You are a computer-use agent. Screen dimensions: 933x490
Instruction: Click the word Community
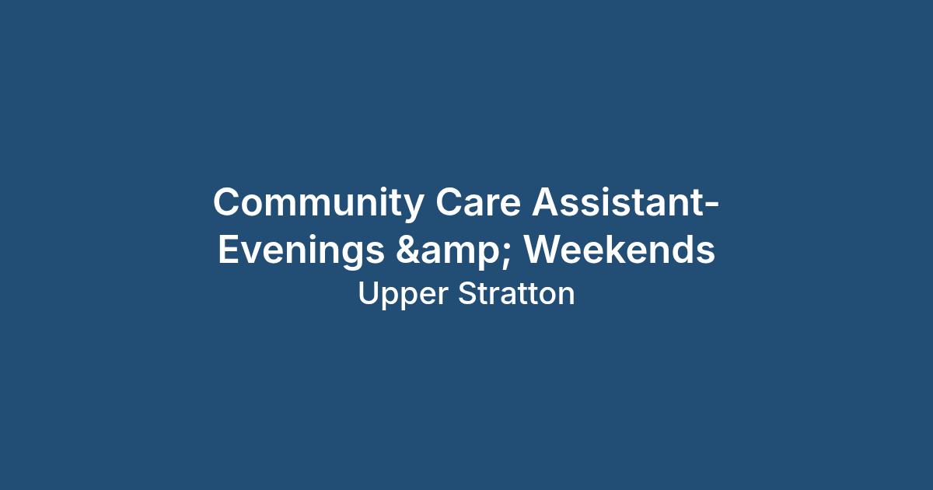pyautogui.click(x=318, y=203)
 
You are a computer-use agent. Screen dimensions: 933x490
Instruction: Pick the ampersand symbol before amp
pyautogui.click(x=407, y=249)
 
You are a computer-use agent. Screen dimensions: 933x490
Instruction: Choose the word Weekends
pyautogui.click(x=620, y=249)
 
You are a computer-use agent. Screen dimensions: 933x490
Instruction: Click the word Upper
pyautogui.click(x=403, y=295)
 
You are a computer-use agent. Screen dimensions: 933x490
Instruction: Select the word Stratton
pyautogui.click(x=516, y=293)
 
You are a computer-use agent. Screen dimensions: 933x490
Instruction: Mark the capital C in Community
pyautogui.click(x=227, y=201)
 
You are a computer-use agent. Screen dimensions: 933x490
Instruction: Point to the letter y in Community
pyautogui.click(x=411, y=208)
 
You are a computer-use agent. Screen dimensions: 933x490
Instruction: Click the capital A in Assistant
pyautogui.click(x=547, y=201)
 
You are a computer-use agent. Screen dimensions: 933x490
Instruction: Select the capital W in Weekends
pyautogui.click(x=544, y=249)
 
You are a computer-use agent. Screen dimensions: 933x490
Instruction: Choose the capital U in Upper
pyautogui.click(x=369, y=294)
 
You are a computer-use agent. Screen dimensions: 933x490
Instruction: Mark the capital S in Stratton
pyautogui.click(x=468, y=293)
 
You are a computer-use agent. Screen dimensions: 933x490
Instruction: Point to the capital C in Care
pyautogui.click(x=449, y=201)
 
